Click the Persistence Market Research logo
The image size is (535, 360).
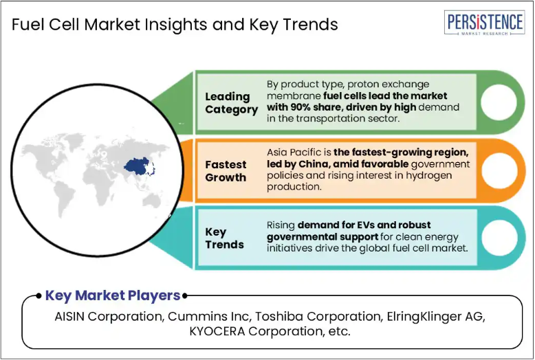(485, 23)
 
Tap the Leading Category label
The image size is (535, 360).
(231, 103)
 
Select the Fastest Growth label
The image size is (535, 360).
(226, 171)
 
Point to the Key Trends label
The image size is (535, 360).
(224, 238)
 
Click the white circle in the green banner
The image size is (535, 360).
(499, 102)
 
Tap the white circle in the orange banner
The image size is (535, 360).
(499, 170)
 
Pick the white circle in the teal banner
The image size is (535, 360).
(499, 238)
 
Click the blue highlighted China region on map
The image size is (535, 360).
(138, 166)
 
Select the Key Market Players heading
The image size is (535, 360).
(113, 295)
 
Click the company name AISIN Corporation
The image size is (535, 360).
(108, 317)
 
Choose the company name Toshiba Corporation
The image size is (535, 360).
(318, 317)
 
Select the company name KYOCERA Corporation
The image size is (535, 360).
(255, 331)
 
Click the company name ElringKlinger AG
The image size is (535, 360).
(435, 317)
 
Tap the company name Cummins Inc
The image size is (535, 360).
(208, 317)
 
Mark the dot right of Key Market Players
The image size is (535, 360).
(184, 296)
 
